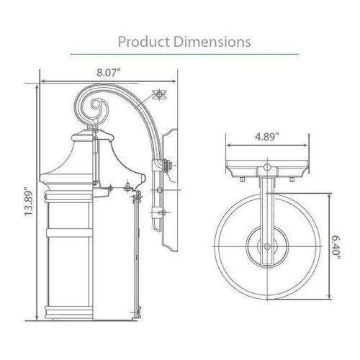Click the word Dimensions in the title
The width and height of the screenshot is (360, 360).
[210, 41]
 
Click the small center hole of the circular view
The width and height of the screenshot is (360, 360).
[266, 246]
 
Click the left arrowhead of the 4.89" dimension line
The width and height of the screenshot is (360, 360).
[230, 143]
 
